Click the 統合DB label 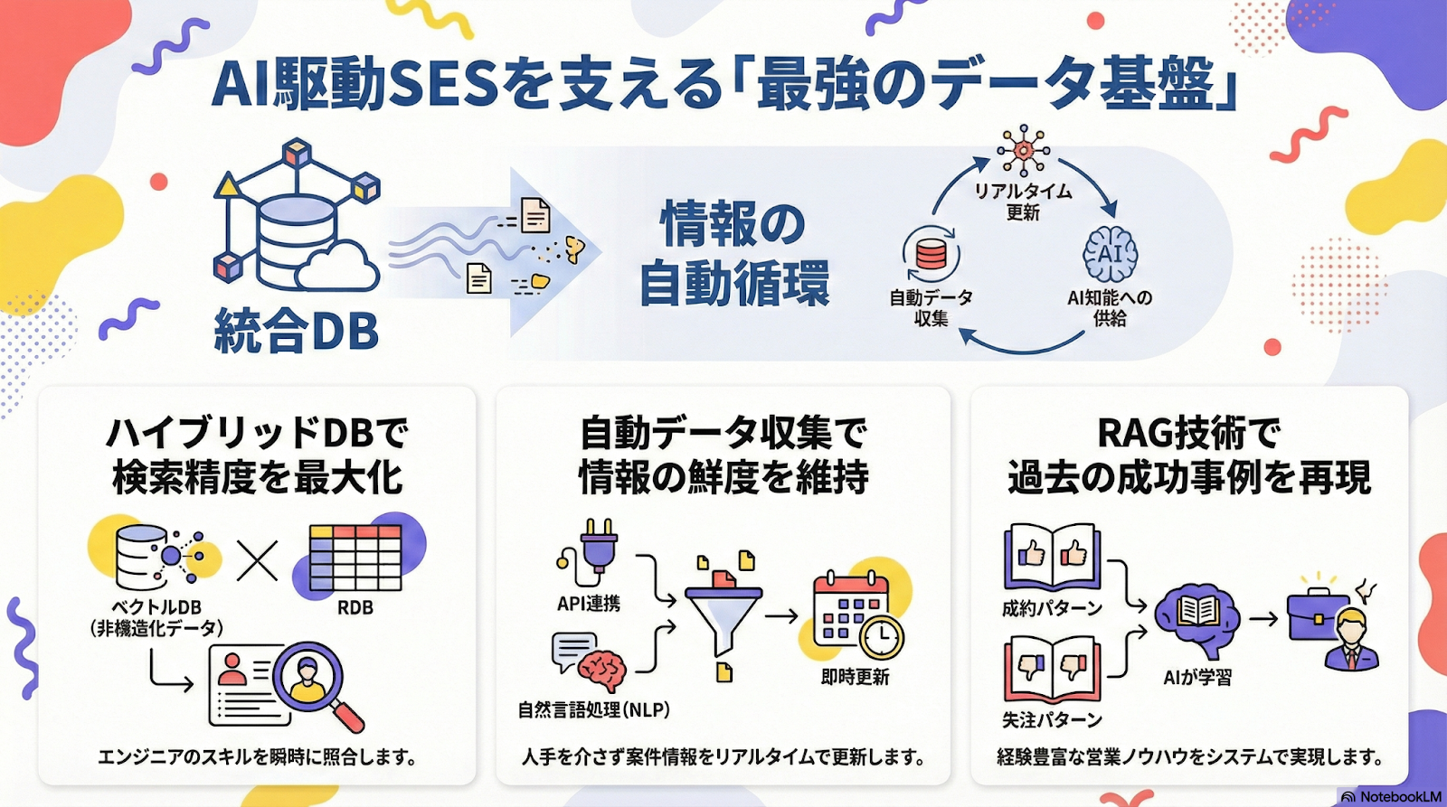point(297,331)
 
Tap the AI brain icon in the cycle point(1111,255)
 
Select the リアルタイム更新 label point(1023,202)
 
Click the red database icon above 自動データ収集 point(931,254)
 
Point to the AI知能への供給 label point(1110,307)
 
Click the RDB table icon point(355,558)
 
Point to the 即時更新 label point(855,677)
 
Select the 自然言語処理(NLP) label point(593,709)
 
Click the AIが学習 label point(1196,677)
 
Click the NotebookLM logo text point(1400,796)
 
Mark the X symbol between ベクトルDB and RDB point(257,560)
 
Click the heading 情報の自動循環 point(733,254)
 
